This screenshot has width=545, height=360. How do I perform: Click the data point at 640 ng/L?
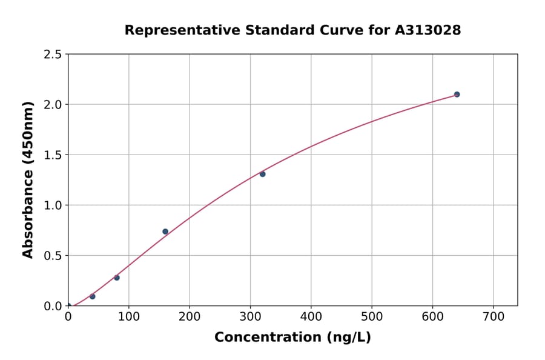point(457,95)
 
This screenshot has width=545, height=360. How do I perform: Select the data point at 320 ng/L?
point(262,174)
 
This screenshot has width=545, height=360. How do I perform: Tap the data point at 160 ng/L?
point(165,232)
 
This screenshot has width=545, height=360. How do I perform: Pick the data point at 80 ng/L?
point(117,278)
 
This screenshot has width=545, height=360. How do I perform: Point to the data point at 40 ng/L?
point(92,296)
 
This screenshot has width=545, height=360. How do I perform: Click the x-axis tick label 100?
point(128,316)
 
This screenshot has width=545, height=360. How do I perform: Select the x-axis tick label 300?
point(250,316)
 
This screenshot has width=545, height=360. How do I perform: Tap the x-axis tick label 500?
point(372,316)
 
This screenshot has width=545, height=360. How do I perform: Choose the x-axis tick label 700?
point(493,316)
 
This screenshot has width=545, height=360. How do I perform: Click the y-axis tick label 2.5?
point(53,55)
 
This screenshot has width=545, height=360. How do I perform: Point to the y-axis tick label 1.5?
point(53,155)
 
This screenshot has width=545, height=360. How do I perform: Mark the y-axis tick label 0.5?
point(53,256)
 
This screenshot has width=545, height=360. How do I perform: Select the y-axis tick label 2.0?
point(53,105)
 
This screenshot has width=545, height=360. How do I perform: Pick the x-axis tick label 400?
point(311,316)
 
